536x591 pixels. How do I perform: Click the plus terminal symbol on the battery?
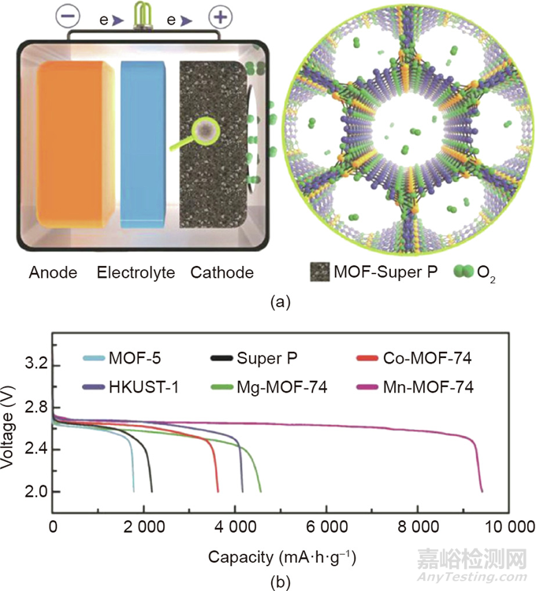[x=220, y=17]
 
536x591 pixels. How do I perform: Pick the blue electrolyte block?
[x=143, y=143]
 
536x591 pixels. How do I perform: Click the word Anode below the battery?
[x=53, y=273]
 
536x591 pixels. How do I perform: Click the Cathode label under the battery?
[x=221, y=273]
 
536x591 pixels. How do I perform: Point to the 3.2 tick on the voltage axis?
[x=32, y=366]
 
